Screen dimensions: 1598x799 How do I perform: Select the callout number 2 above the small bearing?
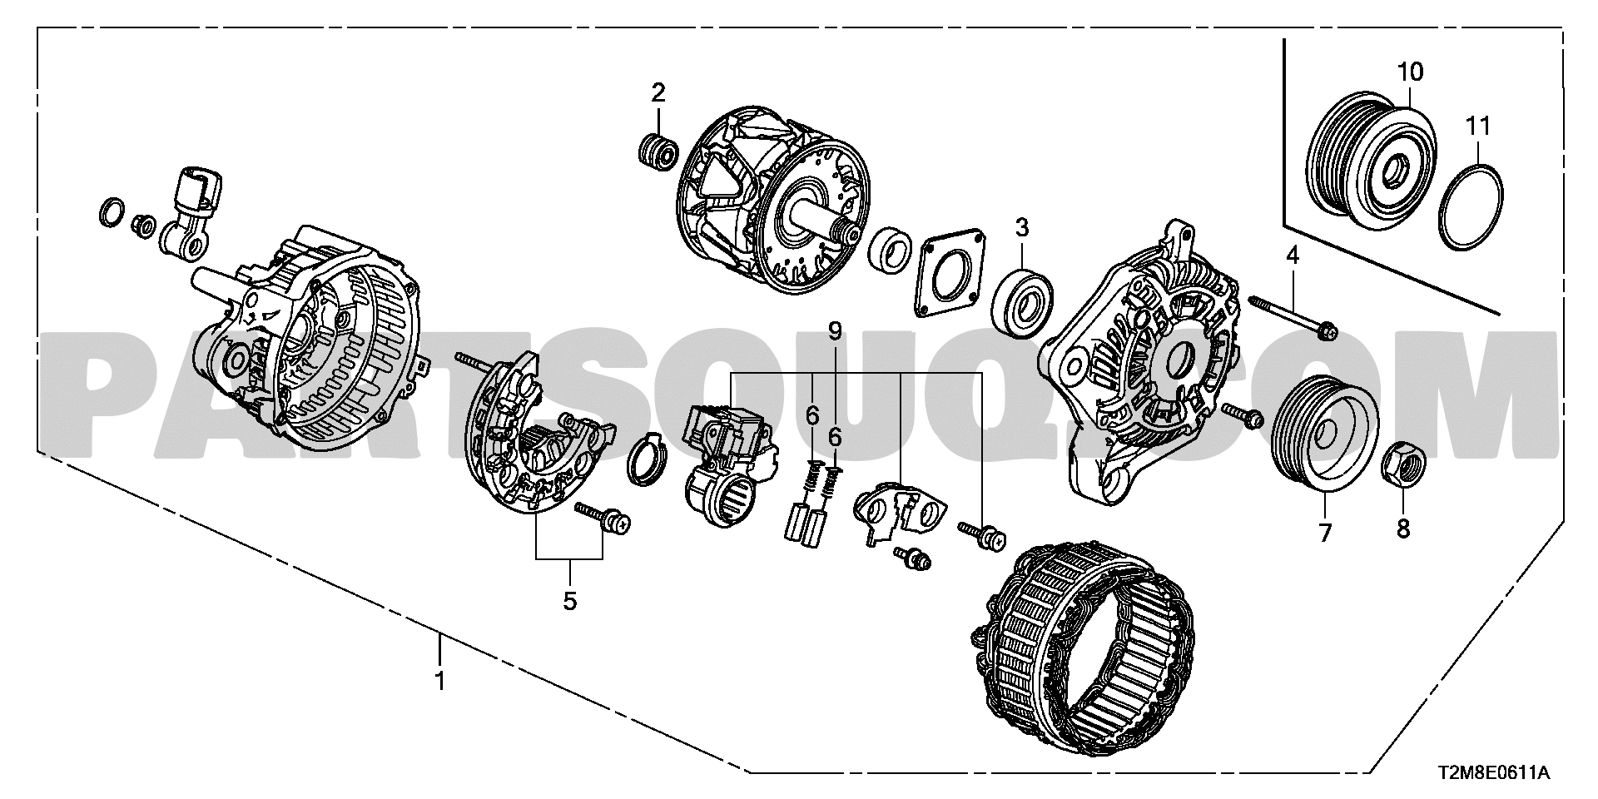[x=658, y=92]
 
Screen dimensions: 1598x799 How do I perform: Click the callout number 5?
[x=569, y=600]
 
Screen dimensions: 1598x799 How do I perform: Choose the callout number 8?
[x=1403, y=529]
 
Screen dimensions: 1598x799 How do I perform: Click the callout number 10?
[x=1410, y=72]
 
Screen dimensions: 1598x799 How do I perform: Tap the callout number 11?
[x=1478, y=126]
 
